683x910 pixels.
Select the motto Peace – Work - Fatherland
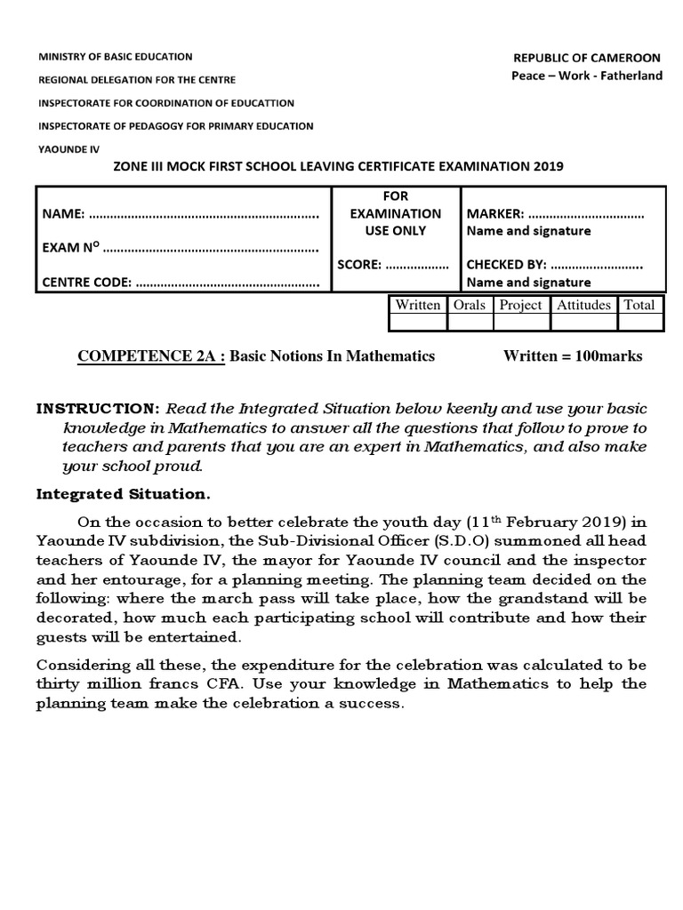[587, 76]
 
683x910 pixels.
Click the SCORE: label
[359, 264]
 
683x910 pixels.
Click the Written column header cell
[418, 305]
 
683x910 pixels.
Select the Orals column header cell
[470, 305]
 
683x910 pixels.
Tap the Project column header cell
[520, 305]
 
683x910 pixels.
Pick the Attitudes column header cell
[583, 305]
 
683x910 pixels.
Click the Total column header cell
[639, 305]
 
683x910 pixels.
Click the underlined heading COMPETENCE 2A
[152, 356]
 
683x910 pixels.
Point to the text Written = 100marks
[572, 356]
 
